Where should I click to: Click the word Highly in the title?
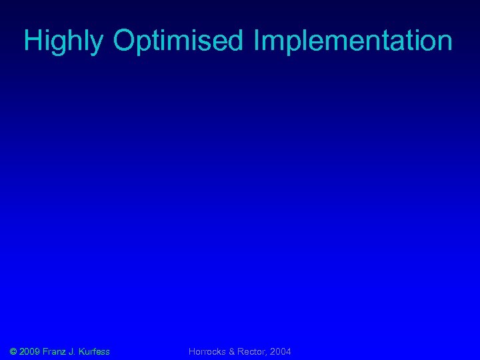coord(64,41)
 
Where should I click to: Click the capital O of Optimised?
coord(125,41)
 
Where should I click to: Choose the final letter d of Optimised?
coord(239,41)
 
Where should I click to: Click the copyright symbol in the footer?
coord(13,351)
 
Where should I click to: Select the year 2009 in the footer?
coord(31,351)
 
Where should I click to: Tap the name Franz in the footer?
coord(55,351)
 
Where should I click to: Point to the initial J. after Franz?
coord(74,351)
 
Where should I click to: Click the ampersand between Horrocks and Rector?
coord(233,351)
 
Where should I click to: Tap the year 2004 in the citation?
coord(281,351)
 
